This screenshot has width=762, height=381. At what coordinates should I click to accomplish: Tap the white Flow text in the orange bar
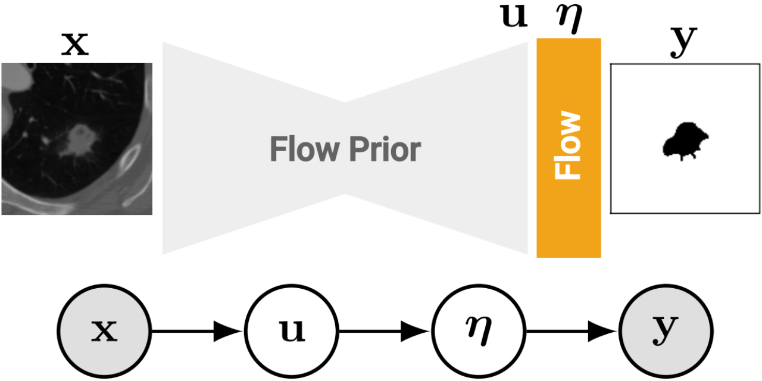tap(568, 145)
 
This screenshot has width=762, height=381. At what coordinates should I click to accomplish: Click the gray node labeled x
tap(104, 332)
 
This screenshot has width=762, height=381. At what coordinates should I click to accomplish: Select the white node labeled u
tap(292, 332)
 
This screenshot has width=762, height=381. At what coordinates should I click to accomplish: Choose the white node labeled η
tap(479, 332)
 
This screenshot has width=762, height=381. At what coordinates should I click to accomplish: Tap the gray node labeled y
tap(666, 332)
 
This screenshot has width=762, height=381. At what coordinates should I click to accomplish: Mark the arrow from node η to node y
tap(573, 332)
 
